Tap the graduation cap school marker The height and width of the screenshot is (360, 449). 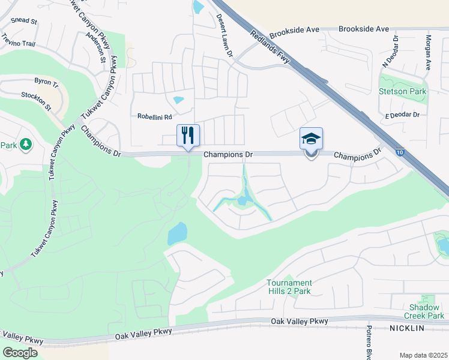(311, 139)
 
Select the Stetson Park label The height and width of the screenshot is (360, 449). (402, 92)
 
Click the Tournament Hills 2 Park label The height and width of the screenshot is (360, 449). (289, 287)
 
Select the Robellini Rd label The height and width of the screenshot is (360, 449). (155, 116)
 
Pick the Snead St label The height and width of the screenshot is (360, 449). (24, 20)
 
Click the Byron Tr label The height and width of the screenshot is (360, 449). (46, 80)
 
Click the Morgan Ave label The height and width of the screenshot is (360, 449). (428, 53)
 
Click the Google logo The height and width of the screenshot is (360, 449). (20, 353)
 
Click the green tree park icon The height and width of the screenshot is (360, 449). (25, 145)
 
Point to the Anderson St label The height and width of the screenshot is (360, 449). (95, 47)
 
